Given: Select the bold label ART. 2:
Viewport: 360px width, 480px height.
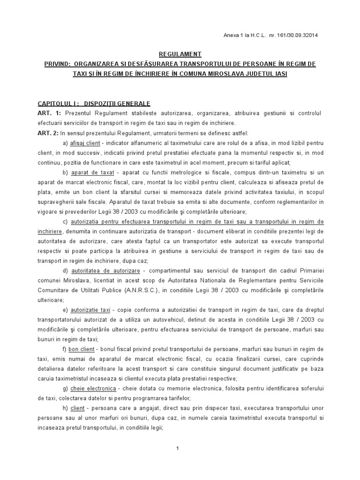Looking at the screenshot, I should click(x=49, y=133).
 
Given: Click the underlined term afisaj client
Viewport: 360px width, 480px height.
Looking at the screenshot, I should click(x=85, y=142).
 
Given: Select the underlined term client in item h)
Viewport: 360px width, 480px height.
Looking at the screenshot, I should click(x=77, y=408).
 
